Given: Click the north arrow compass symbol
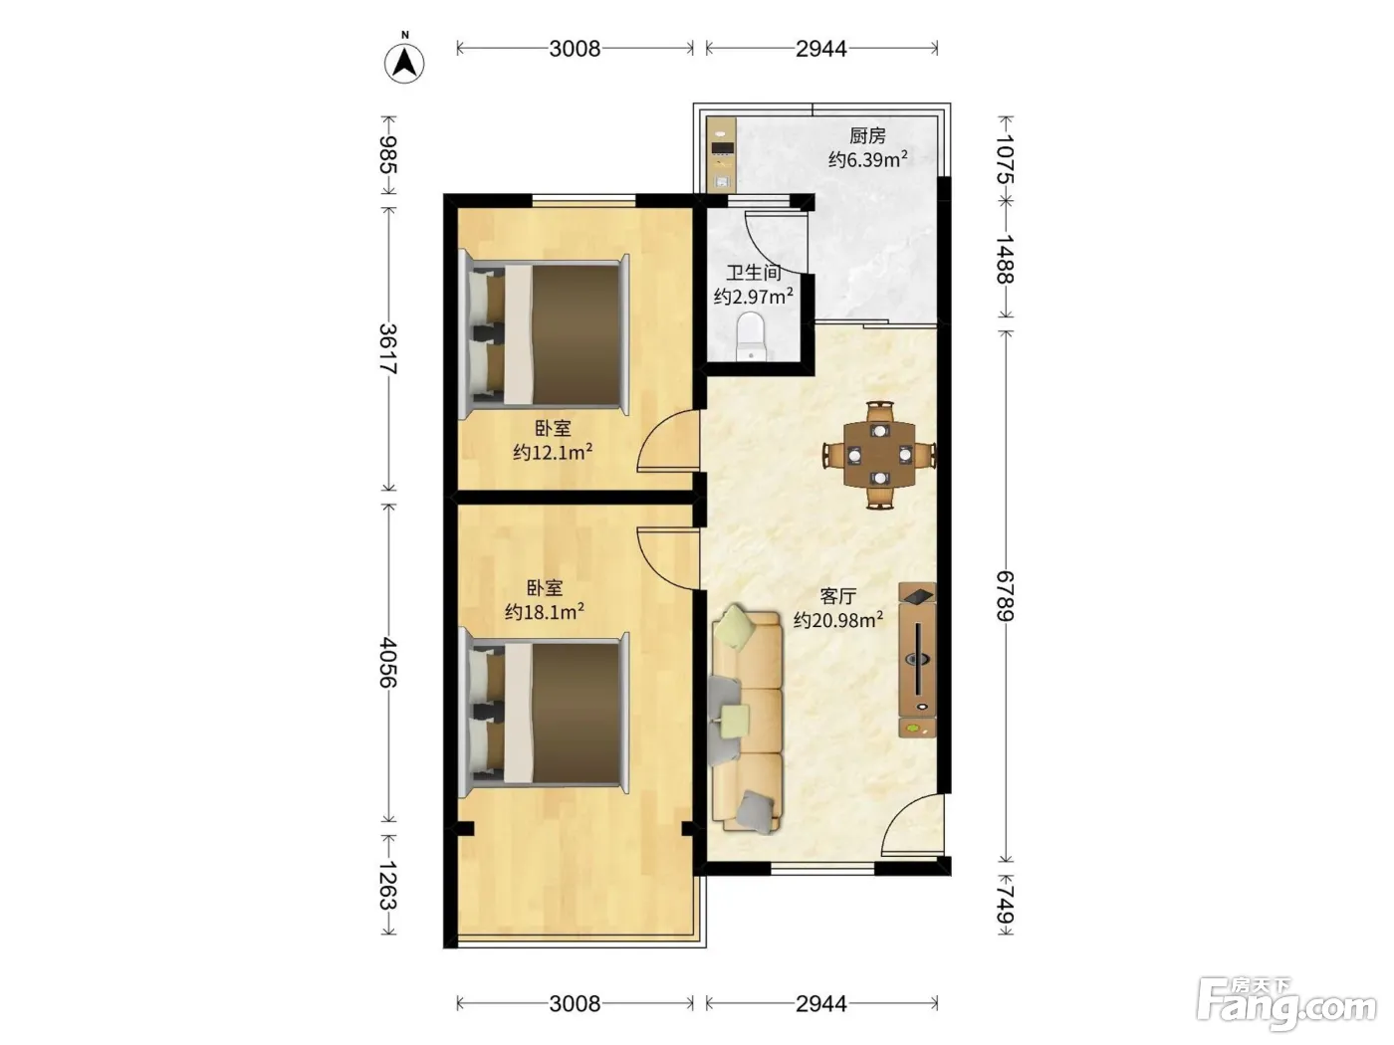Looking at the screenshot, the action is pos(404,62).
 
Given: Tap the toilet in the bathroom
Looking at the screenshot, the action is pos(752,336).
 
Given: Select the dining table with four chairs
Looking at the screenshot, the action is pos(879,454).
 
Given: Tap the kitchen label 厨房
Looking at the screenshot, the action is pos(867,135).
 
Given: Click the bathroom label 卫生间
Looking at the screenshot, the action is pos(753,273).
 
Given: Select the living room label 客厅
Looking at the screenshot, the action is pos(837,596).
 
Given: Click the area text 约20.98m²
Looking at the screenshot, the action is pos(838,620).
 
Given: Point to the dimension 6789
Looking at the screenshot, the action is pos(1005,596).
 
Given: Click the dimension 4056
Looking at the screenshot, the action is pos(388,663).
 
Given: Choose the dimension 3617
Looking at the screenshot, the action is pos(388,349).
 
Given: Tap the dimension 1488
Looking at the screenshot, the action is pos(1005,259).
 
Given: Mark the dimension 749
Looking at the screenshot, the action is pos(1005,905).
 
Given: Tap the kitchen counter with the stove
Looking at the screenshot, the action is pos(722,154).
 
